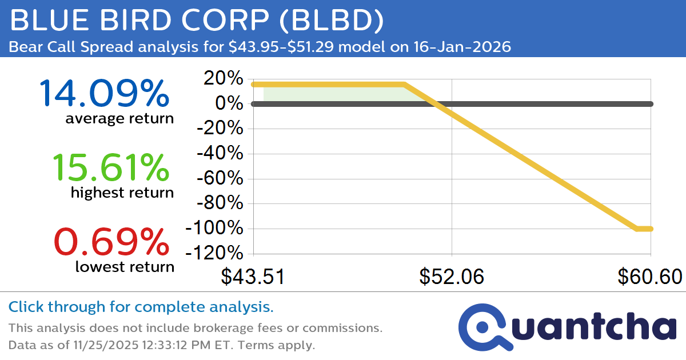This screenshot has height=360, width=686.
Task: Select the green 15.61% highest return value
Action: pyautogui.click(x=111, y=167)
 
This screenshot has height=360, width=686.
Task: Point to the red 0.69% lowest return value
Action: pyautogui.click(x=111, y=242)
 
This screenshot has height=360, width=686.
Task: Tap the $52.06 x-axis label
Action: pyautogui.click(x=452, y=277)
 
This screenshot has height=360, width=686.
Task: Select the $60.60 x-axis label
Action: pyautogui.click(x=649, y=277)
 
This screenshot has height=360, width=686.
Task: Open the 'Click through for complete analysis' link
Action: pyautogui.click(x=141, y=307)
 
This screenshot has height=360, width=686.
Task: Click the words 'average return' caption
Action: pyautogui.click(x=119, y=119)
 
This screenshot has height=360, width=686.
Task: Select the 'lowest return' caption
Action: pyautogui.click(x=124, y=267)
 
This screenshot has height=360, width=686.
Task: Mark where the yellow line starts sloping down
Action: pyautogui.click(x=404, y=85)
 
